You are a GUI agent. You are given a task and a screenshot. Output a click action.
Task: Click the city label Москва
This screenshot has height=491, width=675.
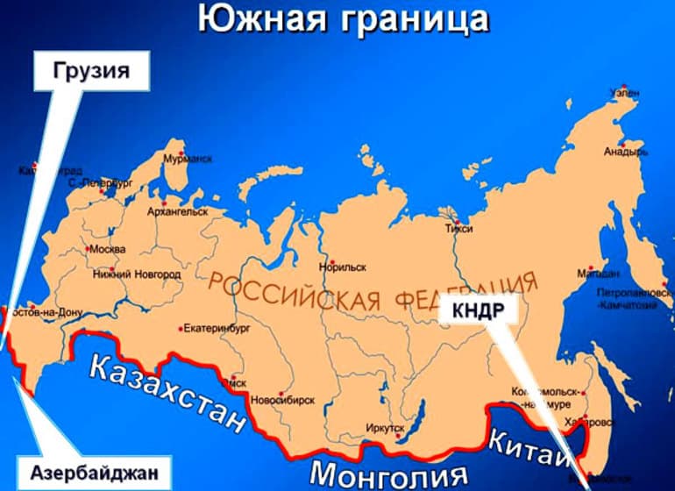[x=108, y=250]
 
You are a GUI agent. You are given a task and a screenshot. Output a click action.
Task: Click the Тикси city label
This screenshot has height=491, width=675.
[x=458, y=229]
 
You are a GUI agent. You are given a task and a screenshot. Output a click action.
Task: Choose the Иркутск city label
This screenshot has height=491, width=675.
[x=386, y=427]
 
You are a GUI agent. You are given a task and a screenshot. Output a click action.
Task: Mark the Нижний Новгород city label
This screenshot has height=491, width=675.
[x=137, y=274]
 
